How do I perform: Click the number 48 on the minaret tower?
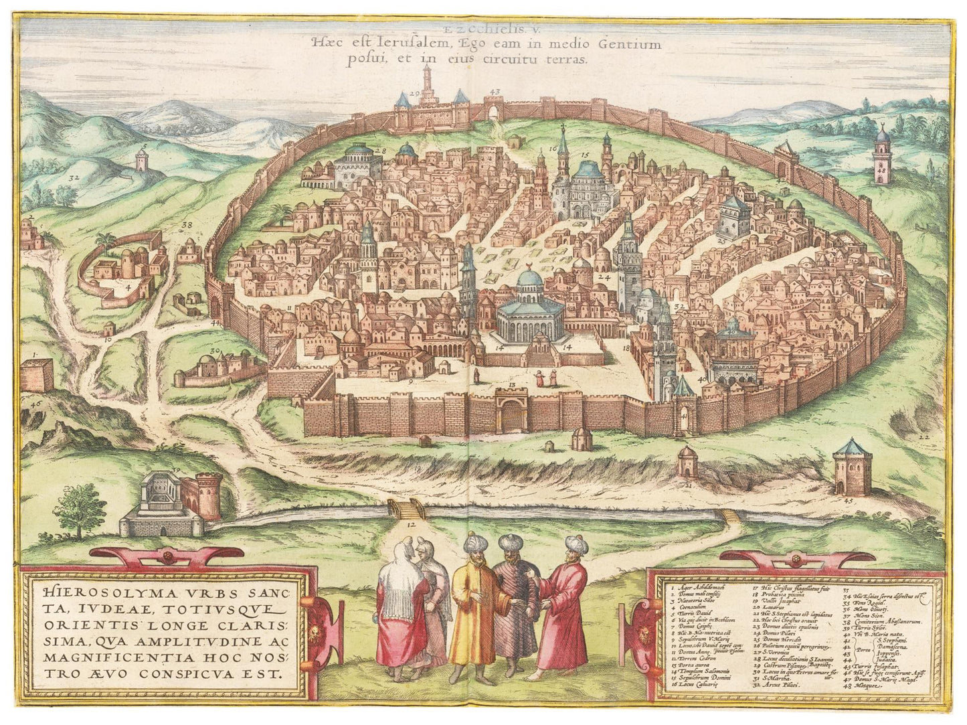click(x=881, y=171)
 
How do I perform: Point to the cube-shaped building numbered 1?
click(x=37, y=375)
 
